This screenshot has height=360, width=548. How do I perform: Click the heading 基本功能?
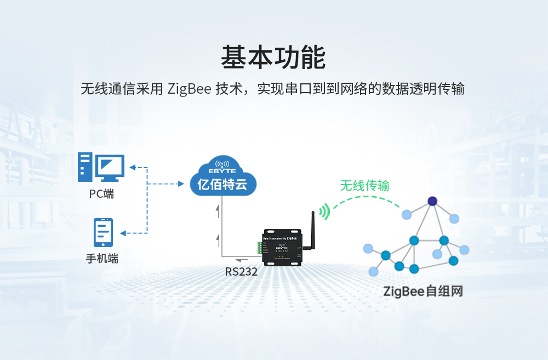273,58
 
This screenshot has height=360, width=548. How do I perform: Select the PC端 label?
101,194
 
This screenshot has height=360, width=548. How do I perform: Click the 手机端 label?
102,258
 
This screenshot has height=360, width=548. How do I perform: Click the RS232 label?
241,271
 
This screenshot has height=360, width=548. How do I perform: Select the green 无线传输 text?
364,186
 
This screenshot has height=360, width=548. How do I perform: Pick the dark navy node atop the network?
432,201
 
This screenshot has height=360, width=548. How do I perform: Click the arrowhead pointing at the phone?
123,233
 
